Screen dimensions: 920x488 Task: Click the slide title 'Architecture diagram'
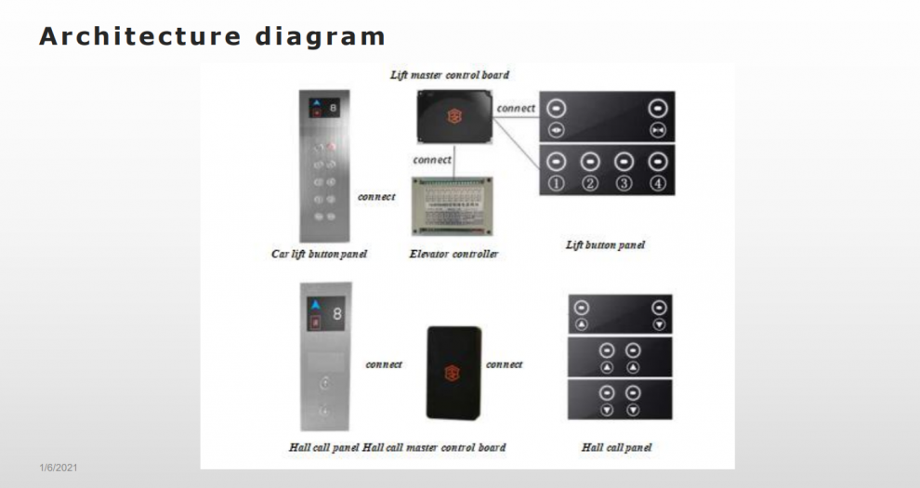tap(212, 36)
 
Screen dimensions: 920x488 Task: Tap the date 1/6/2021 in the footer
tap(59, 468)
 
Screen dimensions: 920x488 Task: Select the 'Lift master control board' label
tap(450, 74)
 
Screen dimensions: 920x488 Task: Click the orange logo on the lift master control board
tap(454, 115)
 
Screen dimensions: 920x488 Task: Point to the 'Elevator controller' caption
tap(453, 254)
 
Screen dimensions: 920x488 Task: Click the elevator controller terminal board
tap(452, 205)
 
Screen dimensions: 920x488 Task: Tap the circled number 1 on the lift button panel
tap(557, 184)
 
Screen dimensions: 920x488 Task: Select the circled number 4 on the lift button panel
tap(658, 184)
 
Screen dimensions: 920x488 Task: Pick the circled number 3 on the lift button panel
tap(624, 184)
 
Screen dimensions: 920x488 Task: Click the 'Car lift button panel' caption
tap(319, 254)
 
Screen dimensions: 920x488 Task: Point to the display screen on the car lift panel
tap(324, 108)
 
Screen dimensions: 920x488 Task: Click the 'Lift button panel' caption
tap(605, 244)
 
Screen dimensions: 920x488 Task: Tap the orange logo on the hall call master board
tap(453, 373)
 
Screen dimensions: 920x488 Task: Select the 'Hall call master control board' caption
tap(434, 447)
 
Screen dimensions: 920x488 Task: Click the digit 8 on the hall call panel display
tap(336, 314)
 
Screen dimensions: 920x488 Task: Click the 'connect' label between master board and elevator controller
tap(432, 160)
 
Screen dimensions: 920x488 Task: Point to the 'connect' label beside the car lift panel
tap(376, 196)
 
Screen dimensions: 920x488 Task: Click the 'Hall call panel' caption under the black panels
tap(617, 447)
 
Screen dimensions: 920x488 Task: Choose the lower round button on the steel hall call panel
tap(324, 411)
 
